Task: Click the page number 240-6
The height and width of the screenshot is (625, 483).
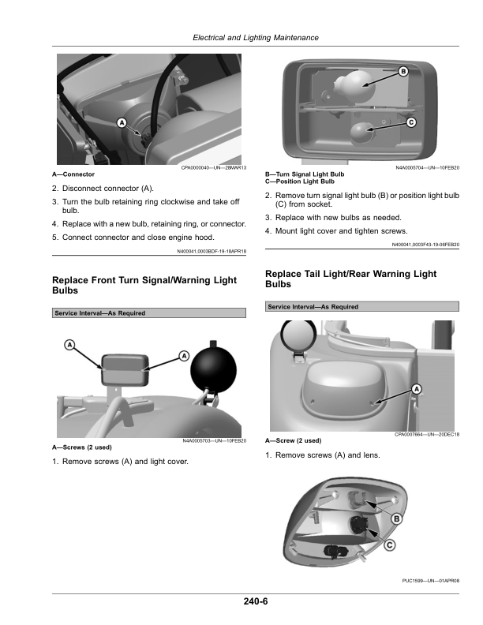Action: click(x=256, y=601)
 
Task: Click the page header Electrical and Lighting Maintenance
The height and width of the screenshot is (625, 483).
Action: click(x=256, y=38)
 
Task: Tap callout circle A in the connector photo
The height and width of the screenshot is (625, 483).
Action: click(x=122, y=123)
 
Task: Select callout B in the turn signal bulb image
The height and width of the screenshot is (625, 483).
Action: click(x=403, y=72)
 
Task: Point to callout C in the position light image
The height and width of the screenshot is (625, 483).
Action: click(x=411, y=122)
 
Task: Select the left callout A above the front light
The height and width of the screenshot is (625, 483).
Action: click(x=69, y=345)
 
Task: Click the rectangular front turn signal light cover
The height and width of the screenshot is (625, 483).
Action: click(x=125, y=370)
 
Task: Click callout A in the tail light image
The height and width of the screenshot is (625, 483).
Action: click(x=417, y=388)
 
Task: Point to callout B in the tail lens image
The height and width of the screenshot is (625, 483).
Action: click(x=396, y=518)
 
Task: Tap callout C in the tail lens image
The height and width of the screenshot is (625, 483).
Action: click(x=389, y=545)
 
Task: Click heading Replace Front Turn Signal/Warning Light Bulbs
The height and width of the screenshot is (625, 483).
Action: click(x=144, y=286)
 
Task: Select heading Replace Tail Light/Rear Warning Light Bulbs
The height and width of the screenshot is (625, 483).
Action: click(x=350, y=279)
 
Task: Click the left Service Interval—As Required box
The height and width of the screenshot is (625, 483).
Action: click(x=149, y=313)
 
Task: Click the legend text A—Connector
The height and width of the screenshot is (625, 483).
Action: click(x=73, y=174)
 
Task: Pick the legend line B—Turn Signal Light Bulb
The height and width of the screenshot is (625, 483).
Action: click(x=305, y=174)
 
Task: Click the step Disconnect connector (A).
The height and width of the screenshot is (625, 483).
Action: click(x=108, y=189)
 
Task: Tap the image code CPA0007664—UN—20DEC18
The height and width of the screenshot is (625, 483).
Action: click(x=427, y=435)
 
